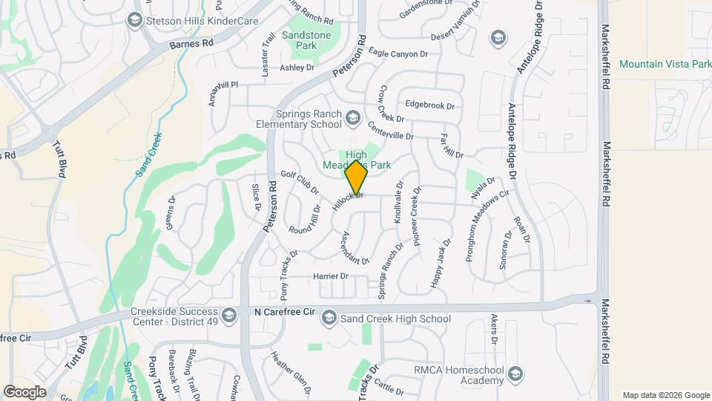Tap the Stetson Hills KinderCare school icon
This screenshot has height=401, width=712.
click(x=134, y=20)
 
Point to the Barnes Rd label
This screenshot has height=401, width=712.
click(x=191, y=44)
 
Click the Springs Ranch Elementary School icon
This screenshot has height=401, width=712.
click(x=353, y=118)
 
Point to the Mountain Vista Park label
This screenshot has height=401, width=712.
click(x=665, y=65)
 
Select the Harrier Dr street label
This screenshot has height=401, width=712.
click(x=333, y=276)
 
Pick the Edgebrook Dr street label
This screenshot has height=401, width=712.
click(x=430, y=106)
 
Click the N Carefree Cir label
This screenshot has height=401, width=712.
click(x=285, y=312)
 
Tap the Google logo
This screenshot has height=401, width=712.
click(x=25, y=391)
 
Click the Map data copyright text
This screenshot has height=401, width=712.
click(x=665, y=395)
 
